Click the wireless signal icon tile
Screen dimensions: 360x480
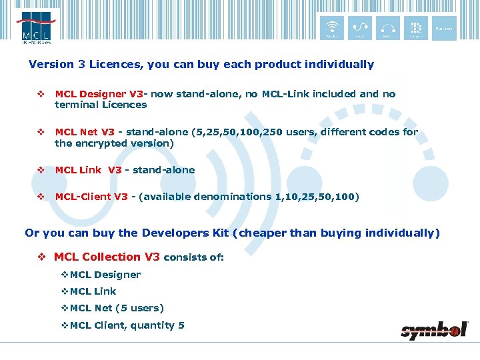click(x=331, y=29)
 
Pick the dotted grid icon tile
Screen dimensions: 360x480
click(x=415, y=29)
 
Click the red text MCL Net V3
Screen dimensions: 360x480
click(x=85, y=132)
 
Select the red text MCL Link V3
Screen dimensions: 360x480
click(x=88, y=170)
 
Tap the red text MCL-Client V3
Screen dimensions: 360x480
click(x=91, y=197)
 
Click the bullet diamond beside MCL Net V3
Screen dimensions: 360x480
click(x=41, y=132)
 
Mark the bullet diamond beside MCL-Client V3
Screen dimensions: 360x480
click(x=41, y=197)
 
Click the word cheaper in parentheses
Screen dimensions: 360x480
click(x=280, y=233)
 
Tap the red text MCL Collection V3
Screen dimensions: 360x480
click(x=107, y=257)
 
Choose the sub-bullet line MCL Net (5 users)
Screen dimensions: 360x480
click(x=117, y=308)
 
